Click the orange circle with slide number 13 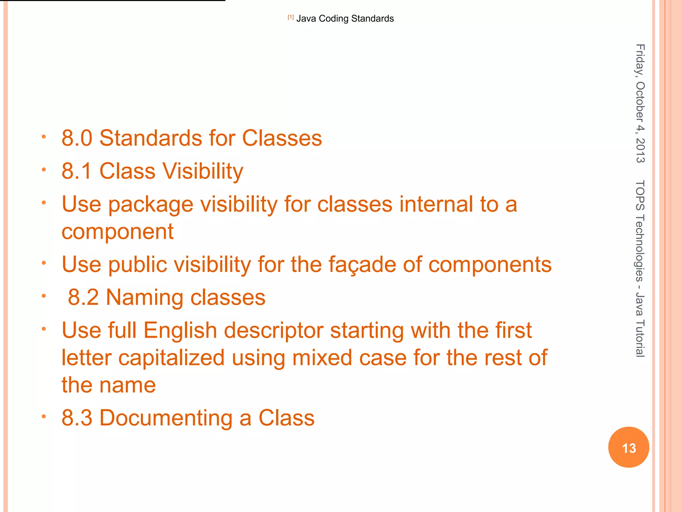pyautogui.click(x=628, y=447)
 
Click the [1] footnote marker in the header pyautogui.click(x=291, y=17)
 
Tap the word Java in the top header pyautogui.click(x=306, y=19)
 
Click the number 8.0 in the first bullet pyautogui.click(x=77, y=138)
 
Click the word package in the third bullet pyautogui.click(x=151, y=204)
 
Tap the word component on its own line pyautogui.click(x=118, y=232)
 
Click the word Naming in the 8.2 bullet pyautogui.click(x=145, y=297)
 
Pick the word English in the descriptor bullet pyautogui.click(x=180, y=331)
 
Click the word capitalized pyautogui.click(x=171, y=358)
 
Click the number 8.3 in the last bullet pyautogui.click(x=77, y=418)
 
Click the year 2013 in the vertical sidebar pyautogui.click(x=640, y=151)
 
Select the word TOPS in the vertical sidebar pyautogui.click(x=640, y=195)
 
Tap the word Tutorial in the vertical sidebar pyautogui.click(x=640, y=338)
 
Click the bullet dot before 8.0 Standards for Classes pyautogui.click(x=44, y=136)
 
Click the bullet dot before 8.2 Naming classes pyautogui.click(x=44, y=296)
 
